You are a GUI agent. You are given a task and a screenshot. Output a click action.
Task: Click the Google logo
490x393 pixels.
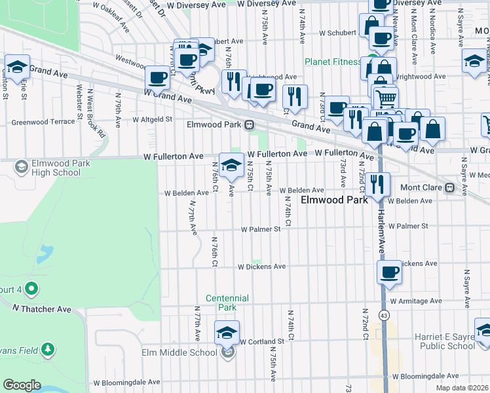[x=22, y=385]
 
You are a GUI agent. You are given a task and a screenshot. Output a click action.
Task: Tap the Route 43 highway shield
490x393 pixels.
[x=384, y=316]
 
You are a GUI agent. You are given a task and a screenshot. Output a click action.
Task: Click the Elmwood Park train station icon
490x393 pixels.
[x=249, y=124]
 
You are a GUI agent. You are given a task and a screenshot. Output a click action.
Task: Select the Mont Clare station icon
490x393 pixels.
[x=449, y=187]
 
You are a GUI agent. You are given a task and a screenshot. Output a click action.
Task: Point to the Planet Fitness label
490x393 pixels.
[x=332, y=62]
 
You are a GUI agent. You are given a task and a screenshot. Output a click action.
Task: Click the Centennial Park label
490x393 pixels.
[x=227, y=303]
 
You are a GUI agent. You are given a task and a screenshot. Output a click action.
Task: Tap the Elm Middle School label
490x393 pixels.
[x=179, y=353]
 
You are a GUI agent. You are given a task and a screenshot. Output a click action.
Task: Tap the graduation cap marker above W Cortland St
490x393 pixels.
[x=227, y=331]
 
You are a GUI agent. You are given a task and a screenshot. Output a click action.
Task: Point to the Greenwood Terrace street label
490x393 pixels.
[x=43, y=122]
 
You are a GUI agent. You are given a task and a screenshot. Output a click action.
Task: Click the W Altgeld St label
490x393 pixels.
[x=152, y=120]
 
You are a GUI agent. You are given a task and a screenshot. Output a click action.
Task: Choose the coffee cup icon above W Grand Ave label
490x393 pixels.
[x=157, y=77]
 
